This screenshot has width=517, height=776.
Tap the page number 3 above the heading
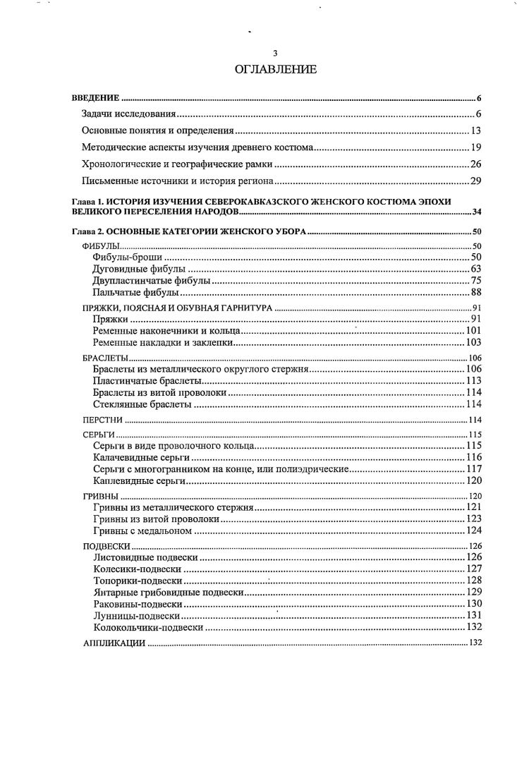[276, 54]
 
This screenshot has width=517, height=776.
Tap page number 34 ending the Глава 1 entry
[476, 212]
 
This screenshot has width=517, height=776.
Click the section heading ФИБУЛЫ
[101, 246]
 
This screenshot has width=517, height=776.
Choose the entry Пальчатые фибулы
[135, 292]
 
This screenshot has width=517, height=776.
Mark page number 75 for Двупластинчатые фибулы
[475, 281]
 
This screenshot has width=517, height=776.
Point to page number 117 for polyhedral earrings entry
[473, 469]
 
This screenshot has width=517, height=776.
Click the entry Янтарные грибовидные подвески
[169, 592]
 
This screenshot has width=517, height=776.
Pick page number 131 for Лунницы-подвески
[473, 615]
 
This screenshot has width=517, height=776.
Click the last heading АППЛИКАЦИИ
[114, 643]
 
